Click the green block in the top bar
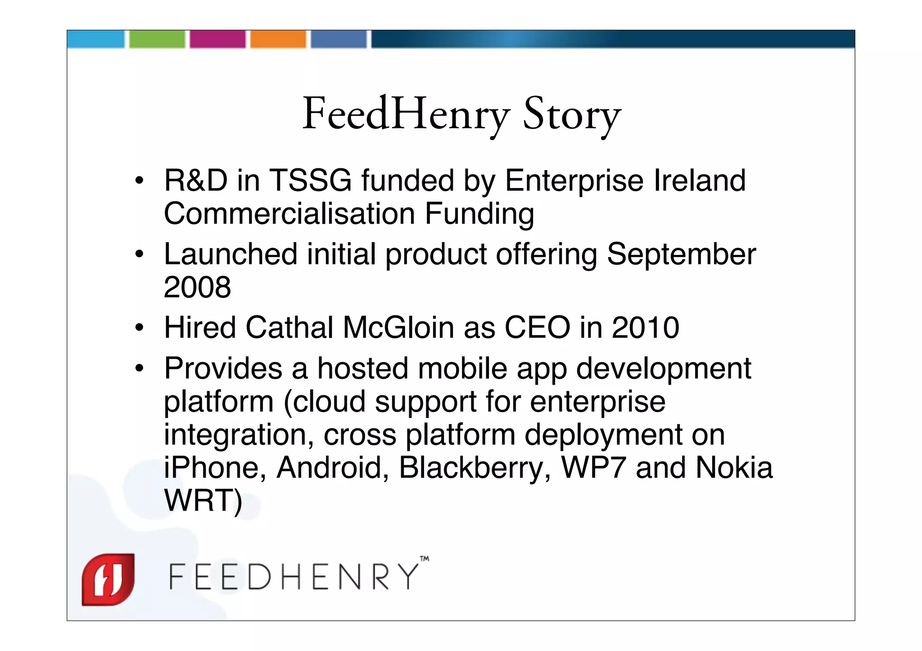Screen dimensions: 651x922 [x=157, y=39]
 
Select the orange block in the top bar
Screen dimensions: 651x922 [x=278, y=39]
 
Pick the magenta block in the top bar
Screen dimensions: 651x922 [x=217, y=39]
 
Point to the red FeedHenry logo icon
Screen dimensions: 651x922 [x=108, y=579]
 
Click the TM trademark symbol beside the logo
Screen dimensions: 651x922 [x=424, y=559]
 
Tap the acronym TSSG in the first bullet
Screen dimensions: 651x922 [x=310, y=180]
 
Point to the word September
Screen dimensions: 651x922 [x=681, y=254]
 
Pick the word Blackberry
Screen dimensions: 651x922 [x=475, y=468]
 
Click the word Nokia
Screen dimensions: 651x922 [x=734, y=468]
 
